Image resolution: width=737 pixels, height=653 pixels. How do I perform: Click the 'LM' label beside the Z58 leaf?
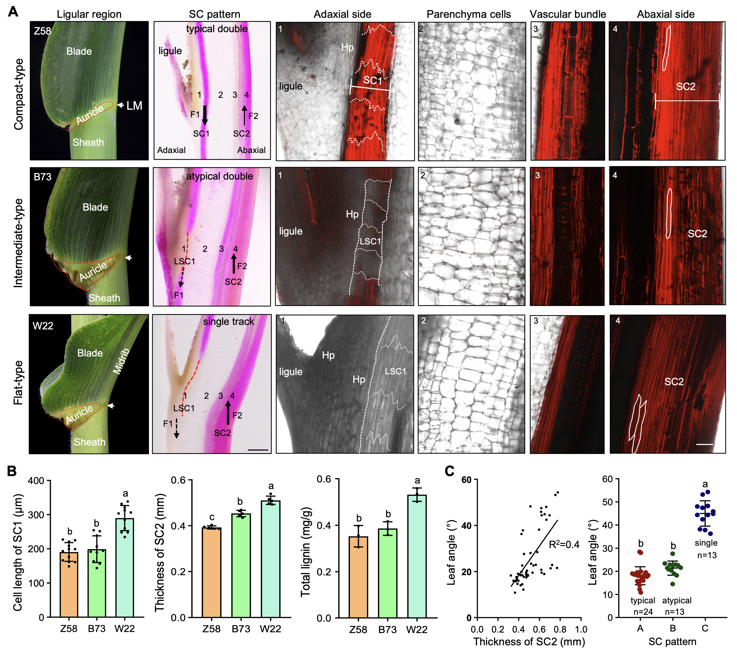(x=134, y=106)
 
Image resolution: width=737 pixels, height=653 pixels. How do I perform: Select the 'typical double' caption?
(x=217, y=29)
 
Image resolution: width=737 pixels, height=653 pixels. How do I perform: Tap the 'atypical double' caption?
(x=219, y=176)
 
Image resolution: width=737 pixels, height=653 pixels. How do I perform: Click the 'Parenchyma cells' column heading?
(x=468, y=14)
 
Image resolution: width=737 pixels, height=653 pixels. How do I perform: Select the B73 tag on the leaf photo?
(x=43, y=177)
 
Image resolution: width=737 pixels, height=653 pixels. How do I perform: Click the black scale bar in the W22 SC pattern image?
(x=258, y=450)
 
